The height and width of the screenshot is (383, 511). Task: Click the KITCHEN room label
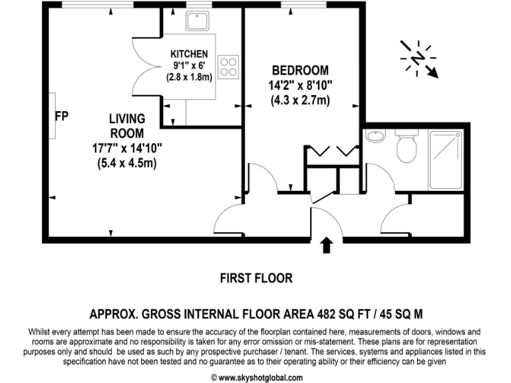coord(189,54)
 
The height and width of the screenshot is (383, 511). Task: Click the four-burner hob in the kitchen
coord(228,65)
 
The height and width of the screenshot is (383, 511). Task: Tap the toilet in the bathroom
coord(406,148)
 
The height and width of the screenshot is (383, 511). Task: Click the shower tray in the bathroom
coord(448,159)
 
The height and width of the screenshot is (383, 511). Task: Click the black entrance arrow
coord(326,245)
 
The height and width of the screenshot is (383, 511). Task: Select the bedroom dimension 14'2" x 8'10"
coord(301,85)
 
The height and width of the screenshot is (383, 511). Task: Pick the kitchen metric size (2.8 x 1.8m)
coord(189,76)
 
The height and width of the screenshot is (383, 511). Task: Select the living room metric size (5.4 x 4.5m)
coord(126,163)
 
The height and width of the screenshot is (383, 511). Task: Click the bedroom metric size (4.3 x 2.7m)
coord(301,100)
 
